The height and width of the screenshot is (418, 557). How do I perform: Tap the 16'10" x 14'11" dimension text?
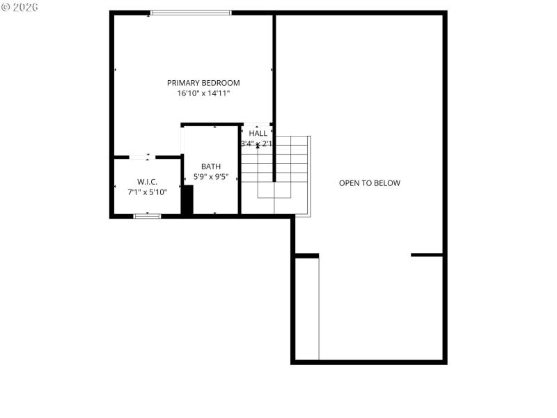tap(203, 93)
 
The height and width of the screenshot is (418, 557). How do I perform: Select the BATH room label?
tap(210, 166)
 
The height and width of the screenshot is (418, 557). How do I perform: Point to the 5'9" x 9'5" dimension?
tap(210, 176)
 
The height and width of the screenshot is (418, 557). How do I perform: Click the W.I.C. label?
tap(147, 181)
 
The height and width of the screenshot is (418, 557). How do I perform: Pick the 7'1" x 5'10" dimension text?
tap(147, 192)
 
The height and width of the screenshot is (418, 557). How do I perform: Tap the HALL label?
tap(258, 133)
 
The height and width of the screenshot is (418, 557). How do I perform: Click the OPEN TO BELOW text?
tap(370, 183)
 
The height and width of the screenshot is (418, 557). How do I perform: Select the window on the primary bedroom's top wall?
tap(191, 13)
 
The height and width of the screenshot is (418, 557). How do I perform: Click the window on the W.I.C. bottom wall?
tap(147, 216)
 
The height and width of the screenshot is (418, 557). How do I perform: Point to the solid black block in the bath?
tap(187, 199)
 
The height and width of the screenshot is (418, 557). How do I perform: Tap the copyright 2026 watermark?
tap(19, 6)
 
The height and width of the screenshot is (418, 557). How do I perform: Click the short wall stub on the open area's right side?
tap(427, 255)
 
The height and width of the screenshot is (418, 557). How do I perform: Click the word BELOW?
tap(387, 183)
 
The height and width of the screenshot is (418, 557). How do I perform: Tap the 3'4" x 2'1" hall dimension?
tap(256, 144)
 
